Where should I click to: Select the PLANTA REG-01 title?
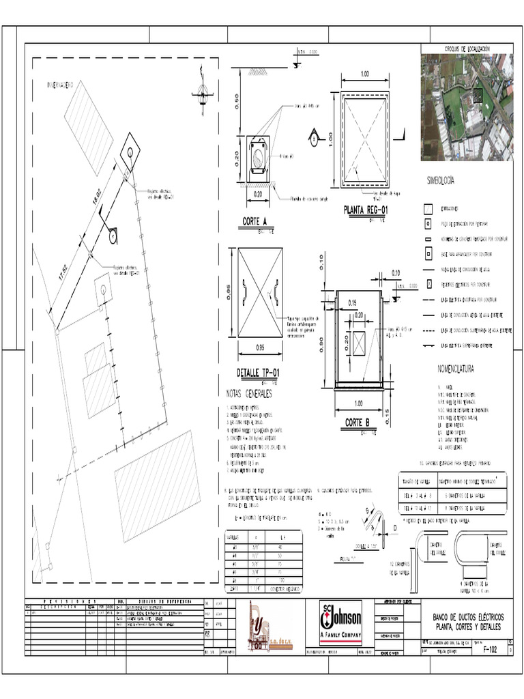(x=366, y=209)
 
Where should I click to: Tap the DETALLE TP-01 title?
(x=258, y=372)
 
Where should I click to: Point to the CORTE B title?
(x=356, y=423)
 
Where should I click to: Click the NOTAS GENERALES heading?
(x=248, y=395)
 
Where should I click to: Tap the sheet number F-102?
(x=489, y=651)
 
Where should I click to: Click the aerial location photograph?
(x=466, y=106)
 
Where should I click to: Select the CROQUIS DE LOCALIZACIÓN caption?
(x=467, y=49)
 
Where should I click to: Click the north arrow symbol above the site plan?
(x=201, y=94)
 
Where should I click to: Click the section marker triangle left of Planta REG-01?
(x=314, y=137)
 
